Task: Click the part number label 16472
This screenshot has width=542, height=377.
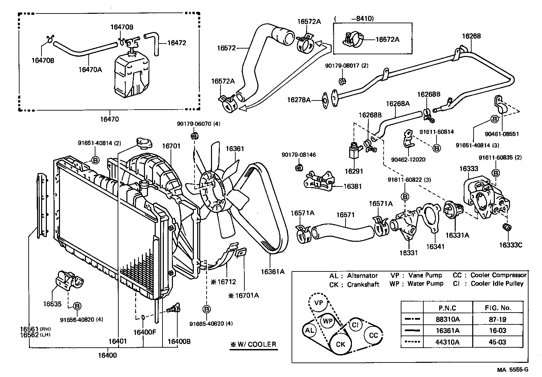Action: click(176, 43)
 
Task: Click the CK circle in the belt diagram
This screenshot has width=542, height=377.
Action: click(341, 344)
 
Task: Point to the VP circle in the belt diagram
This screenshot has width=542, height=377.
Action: click(319, 303)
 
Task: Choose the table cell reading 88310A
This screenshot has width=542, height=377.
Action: click(448, 319)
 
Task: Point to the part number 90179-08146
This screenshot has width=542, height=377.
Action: click(299, 155)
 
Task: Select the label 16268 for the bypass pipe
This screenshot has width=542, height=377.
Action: click(471, 36)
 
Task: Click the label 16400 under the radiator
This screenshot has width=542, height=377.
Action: click(108, 355)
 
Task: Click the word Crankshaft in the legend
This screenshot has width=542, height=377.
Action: click(363, 285)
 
